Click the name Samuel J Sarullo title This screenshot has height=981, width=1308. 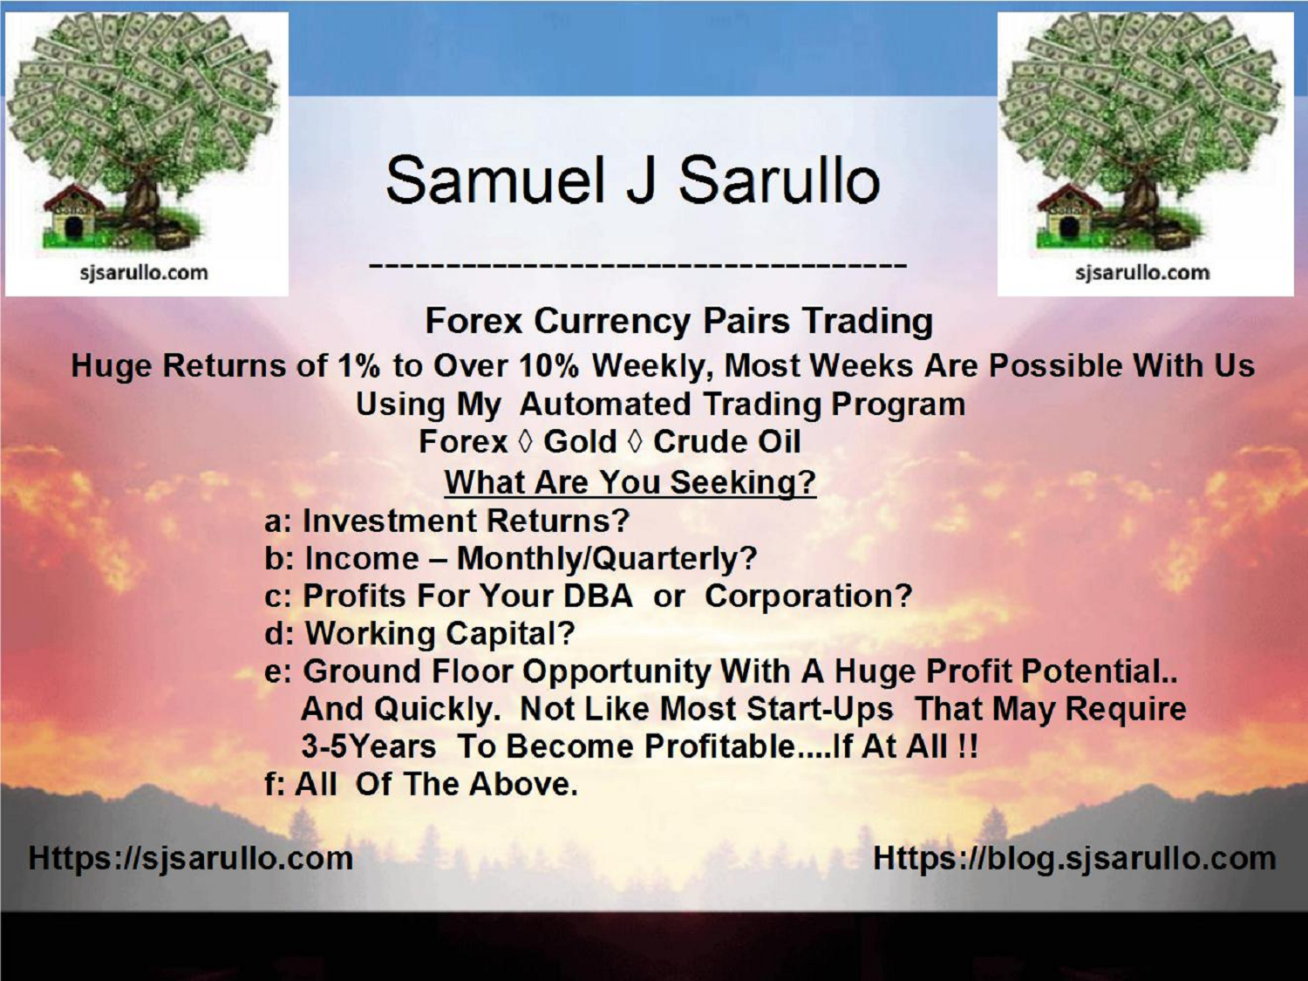(x=632, y=180)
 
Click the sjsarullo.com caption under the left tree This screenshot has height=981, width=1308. (x=144, y=273)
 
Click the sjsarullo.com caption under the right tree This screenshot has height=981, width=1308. (x=1142, y=273)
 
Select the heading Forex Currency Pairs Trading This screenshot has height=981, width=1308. (x=678, y=321)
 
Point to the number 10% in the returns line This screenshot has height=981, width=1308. (x=548, y=365)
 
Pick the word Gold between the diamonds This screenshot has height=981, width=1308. (x=580, y=442)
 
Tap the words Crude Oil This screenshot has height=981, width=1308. (x=726, y=442)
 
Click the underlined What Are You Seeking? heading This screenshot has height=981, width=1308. (x=630, y=482)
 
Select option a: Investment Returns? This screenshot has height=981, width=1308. (x=446, y=521)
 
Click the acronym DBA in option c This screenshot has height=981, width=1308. (x=597, y=596)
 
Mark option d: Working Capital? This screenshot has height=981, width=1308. (x=419, y=633)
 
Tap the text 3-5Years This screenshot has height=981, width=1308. (x=368, y=746)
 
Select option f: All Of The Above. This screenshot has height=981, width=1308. (x=421, y=784)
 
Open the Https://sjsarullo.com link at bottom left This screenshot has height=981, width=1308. (x=190, y=858)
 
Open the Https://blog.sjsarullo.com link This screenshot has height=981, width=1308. (x=1074, y=858)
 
